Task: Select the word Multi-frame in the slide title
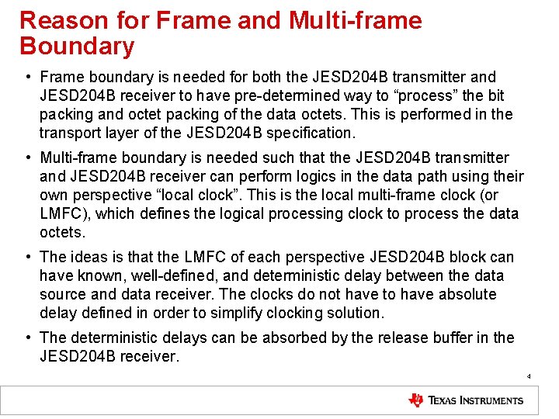[356, 21]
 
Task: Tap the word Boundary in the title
[77, 47]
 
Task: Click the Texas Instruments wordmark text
[476, 400]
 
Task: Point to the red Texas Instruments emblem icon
[417, 400]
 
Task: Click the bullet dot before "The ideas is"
[28, 257]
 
